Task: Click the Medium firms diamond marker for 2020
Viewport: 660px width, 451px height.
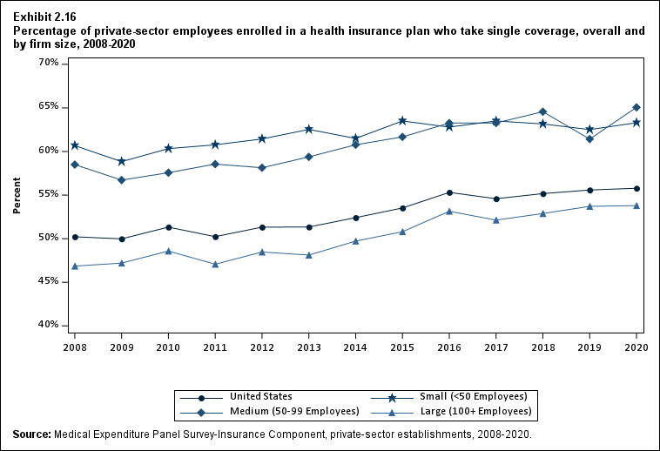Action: coord(636,107)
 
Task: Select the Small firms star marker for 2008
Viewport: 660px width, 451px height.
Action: coord(75,145)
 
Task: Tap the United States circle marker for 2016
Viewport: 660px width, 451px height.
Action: coord(449,192)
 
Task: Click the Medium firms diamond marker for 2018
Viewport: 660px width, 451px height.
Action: coord(542,111)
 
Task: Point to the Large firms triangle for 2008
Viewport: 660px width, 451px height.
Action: coord(75,266)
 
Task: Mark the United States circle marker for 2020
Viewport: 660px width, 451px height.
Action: coord(636,188)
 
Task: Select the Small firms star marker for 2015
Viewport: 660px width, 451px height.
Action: coord(402,121)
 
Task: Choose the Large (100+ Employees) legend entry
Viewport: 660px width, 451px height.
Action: coord(475,411)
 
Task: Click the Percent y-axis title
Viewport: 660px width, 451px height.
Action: coord(17,196)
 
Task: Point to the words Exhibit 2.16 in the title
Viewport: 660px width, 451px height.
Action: coord(45,17)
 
